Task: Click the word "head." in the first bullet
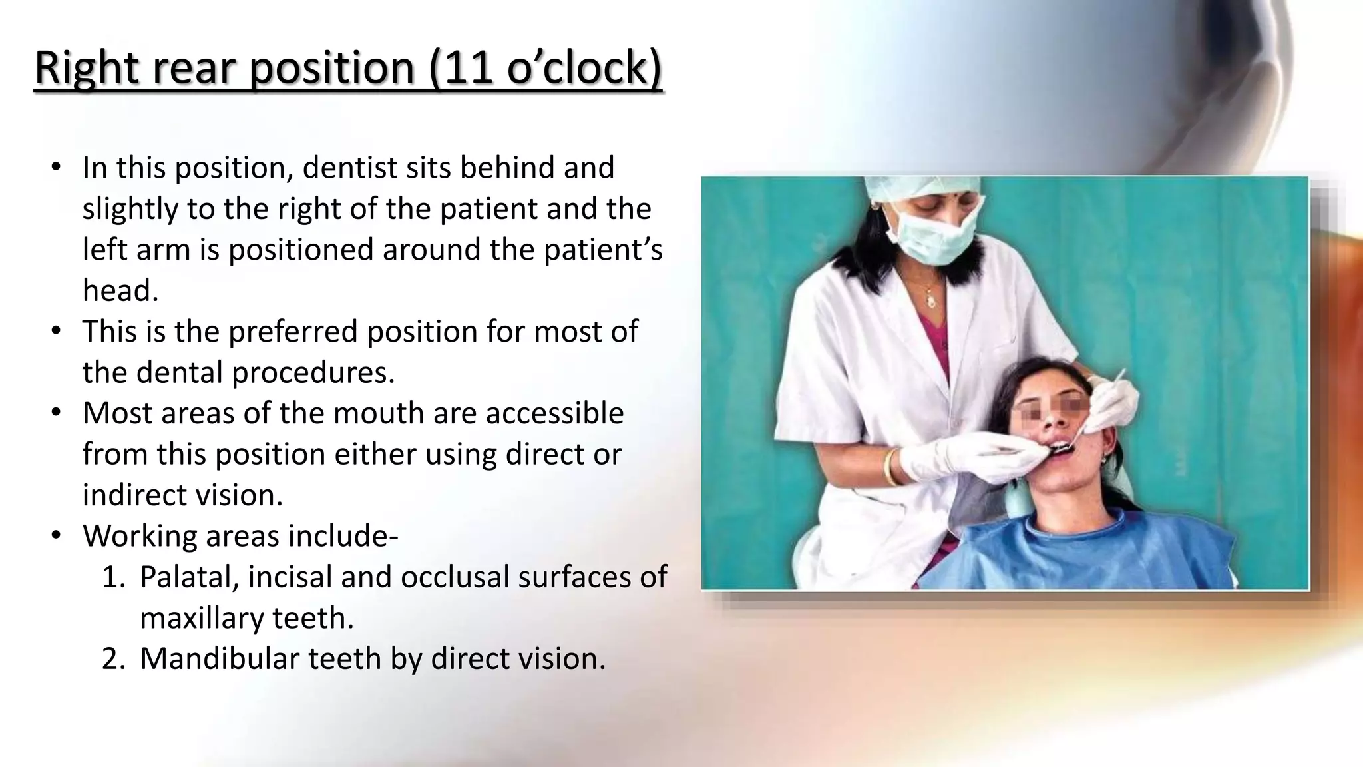(x=120, y=290)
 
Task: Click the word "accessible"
(x=554, y=413)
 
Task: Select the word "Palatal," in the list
(x=189, y=577)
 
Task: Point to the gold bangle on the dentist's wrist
(x=890, y=467)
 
